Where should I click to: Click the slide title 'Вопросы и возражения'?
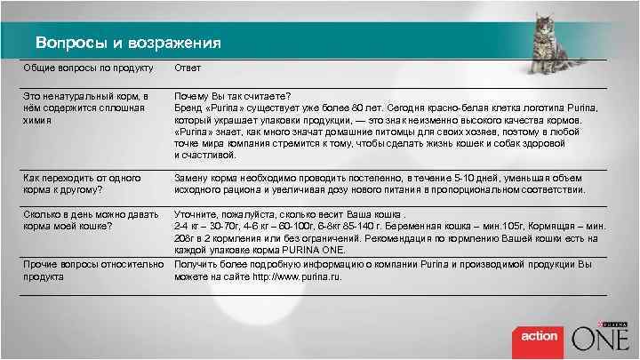coord(128,43)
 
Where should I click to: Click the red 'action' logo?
coord(539,337)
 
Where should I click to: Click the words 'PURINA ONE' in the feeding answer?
coord(301,252)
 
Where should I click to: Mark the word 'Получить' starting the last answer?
coord(196,264)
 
